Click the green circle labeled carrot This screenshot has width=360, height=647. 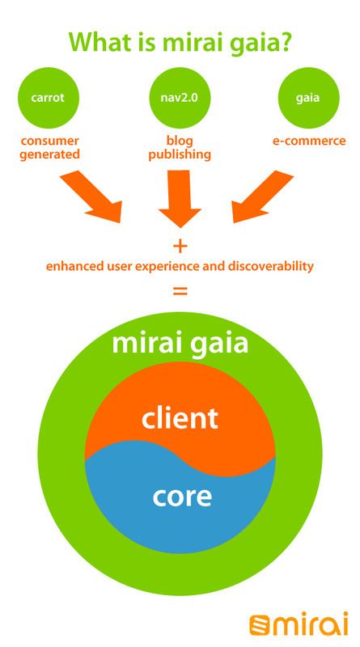pyautogui.click(x=49, y=98)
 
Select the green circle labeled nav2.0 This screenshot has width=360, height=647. pyautogui.click(x=180, y=98)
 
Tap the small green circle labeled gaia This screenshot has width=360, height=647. pyautogui.click(x=308, y=98)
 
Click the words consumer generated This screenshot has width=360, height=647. pyautogui.click(x=49, y=147)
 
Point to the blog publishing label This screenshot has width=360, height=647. pyautogui.click(x=180, y=147)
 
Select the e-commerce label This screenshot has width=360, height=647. pyautogui.click(x=309, y=141)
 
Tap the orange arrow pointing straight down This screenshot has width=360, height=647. pyautogui.click(x=180, y=198)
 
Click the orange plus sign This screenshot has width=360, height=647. pyautogui.click(x=180, y=247)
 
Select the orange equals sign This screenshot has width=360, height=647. pyautogui.click(x=180, y=291)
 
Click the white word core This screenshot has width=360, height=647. pyautogui.click(x=182, y=497)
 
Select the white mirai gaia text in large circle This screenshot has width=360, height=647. pyautogui.click(x=180, y=343)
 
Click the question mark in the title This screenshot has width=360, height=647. pyautogui.click(x=284, y=41)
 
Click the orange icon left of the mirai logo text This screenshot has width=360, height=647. pyautogui.click(x=259, y=624)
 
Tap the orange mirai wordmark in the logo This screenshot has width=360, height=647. pyautogui.click(x=311, y=624)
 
